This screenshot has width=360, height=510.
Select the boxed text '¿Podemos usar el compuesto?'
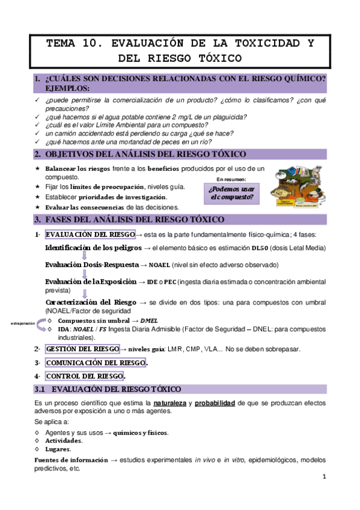pyautogui.click(x=231, y=192)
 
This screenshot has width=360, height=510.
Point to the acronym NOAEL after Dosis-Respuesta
pyautogui.click(x=159, y=265)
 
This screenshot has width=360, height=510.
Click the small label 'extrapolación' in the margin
pyautogui.click(x=23, y=324)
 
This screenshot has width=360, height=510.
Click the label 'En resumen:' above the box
pyautogui.click(x=231, y=179)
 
